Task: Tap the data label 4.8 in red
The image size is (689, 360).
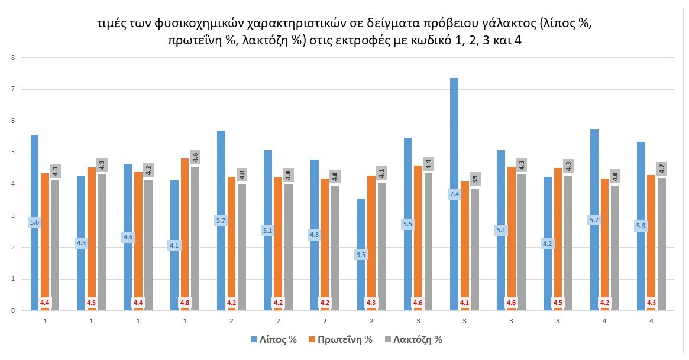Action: [185, 303]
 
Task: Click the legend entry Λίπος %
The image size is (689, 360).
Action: [273, 339]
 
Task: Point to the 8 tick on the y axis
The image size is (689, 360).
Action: [11, 58]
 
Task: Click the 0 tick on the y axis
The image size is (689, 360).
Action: [11, 310]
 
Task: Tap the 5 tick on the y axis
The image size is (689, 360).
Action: [11, 153]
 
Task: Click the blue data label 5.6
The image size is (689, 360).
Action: [35, 223]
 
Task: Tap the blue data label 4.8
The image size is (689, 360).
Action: [314, 235]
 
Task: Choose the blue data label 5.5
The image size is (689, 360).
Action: [407, 224]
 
